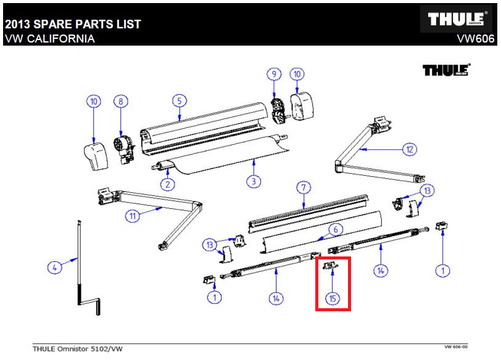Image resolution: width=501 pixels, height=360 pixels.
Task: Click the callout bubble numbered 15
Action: pos(333,298)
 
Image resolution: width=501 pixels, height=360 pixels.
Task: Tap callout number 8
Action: pos(122,100)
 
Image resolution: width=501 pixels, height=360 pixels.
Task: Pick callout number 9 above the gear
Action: pos(274,75)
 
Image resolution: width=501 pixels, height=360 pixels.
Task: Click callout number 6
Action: pos(336,229)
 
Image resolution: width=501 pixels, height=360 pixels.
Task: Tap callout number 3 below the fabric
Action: pos(255,182)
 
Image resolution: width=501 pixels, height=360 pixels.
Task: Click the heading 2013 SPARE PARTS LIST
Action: pos(73,25)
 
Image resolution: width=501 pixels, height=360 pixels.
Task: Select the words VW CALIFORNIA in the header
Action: pos(50,39)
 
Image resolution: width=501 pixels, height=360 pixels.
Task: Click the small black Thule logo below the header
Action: pos(446,70)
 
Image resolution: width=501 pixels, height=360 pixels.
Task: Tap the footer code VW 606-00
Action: pos(455,347)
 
